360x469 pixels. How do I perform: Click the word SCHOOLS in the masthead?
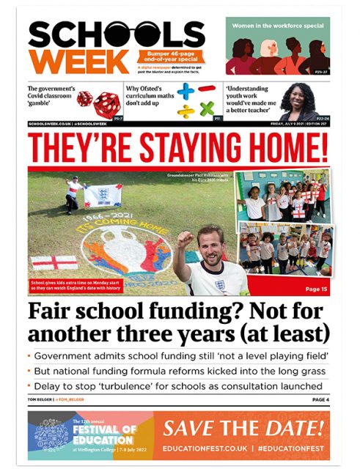click(x=117, y=35)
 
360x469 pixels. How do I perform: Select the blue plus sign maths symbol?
click(x=185, y=93)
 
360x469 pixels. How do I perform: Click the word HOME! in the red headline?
click(x=285, y=147)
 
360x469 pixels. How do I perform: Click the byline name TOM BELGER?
click(x=40, y=399)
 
